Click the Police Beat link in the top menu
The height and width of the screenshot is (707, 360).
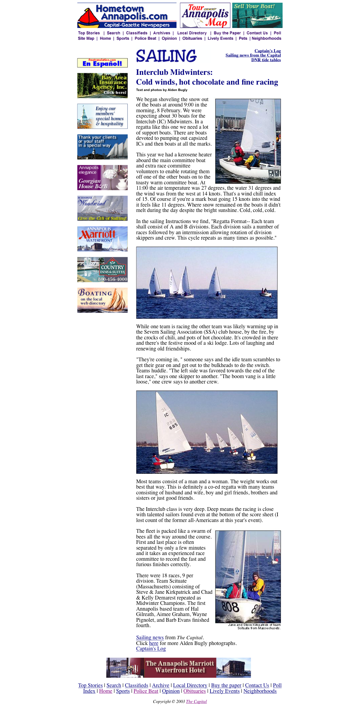[x=145, y=38]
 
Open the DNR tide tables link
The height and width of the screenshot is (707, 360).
[x=266, y=60]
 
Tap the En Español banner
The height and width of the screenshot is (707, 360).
[x=102, y=63]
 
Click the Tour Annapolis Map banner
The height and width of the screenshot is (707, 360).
[x=205, y=16]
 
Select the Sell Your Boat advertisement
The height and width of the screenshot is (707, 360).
[x=257, y=16]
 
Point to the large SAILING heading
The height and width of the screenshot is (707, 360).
[x=166, y=56]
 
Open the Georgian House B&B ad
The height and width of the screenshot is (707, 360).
[x=102, y=178]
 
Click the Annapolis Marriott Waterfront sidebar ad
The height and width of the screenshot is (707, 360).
[x=102, y=239]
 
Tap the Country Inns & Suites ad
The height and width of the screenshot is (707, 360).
[x=102, y=270]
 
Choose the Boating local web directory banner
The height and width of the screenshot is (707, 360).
[x=102, y=300]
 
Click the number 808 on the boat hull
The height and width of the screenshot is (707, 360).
[x=231, y=607]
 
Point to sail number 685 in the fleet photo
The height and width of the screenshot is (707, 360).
[x=173, y=426]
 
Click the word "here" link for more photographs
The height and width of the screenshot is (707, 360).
[x=154, y=643]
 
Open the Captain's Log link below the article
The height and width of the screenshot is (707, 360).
[x=151, y=649]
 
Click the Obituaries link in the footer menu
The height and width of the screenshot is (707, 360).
[x=194, y=691]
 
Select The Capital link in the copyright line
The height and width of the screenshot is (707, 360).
[x=196, y=702]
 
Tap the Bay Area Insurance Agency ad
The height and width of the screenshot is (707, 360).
[x=102, y=86]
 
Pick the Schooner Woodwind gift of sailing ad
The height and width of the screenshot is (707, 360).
[x=102, y=208]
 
